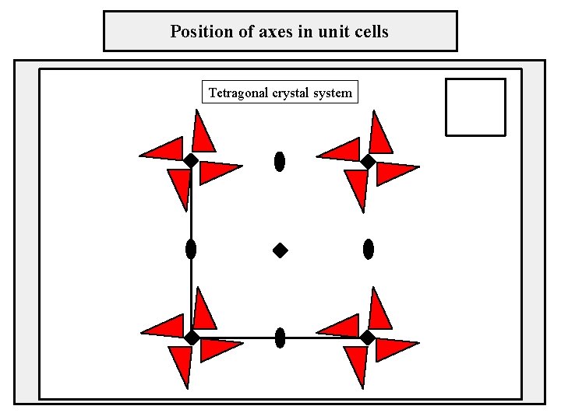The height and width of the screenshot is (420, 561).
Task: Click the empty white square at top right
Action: [475, 107]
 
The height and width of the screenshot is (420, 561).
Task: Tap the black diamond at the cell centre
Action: [280, 250]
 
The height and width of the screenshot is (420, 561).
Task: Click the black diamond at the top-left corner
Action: [191, 161]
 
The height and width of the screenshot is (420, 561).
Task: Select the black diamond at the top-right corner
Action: [368, 161]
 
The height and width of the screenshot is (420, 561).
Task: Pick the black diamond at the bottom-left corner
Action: [191, 338]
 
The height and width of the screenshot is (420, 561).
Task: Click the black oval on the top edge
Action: [280, 161]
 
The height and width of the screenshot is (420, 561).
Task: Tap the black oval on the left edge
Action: [191, 249]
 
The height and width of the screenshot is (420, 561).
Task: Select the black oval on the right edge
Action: [369, 249]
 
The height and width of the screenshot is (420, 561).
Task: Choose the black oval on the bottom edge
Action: [280, 338]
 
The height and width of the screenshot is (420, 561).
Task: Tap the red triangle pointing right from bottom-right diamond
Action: [394, 348]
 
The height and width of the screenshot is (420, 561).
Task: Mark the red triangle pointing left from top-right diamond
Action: [341, 149]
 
